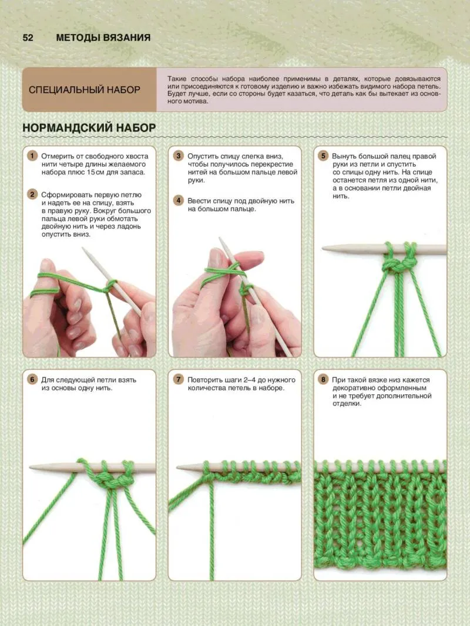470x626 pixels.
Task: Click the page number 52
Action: pos(28,38)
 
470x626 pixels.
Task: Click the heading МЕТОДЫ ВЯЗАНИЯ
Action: pos(103,38)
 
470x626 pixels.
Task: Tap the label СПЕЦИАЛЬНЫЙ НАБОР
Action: pos(85,90)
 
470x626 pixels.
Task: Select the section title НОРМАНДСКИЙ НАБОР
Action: pos(89,128)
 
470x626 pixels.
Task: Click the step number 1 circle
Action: pos(32,155)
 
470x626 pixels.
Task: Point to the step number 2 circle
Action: pos(32,194)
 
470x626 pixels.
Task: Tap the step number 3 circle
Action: pos(178,155)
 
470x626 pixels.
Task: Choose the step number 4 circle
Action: pos(178,201)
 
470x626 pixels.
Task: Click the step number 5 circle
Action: pos(323,155)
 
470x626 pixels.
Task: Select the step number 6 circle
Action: pos(32,379)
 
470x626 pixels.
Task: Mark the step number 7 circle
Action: pos(178,379)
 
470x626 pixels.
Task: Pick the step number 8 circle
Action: pos(323,379)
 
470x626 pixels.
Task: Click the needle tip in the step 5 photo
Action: pos(323,249)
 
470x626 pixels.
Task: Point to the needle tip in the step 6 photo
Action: pos(31,466)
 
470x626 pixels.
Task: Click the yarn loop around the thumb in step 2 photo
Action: pos(45,285)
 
